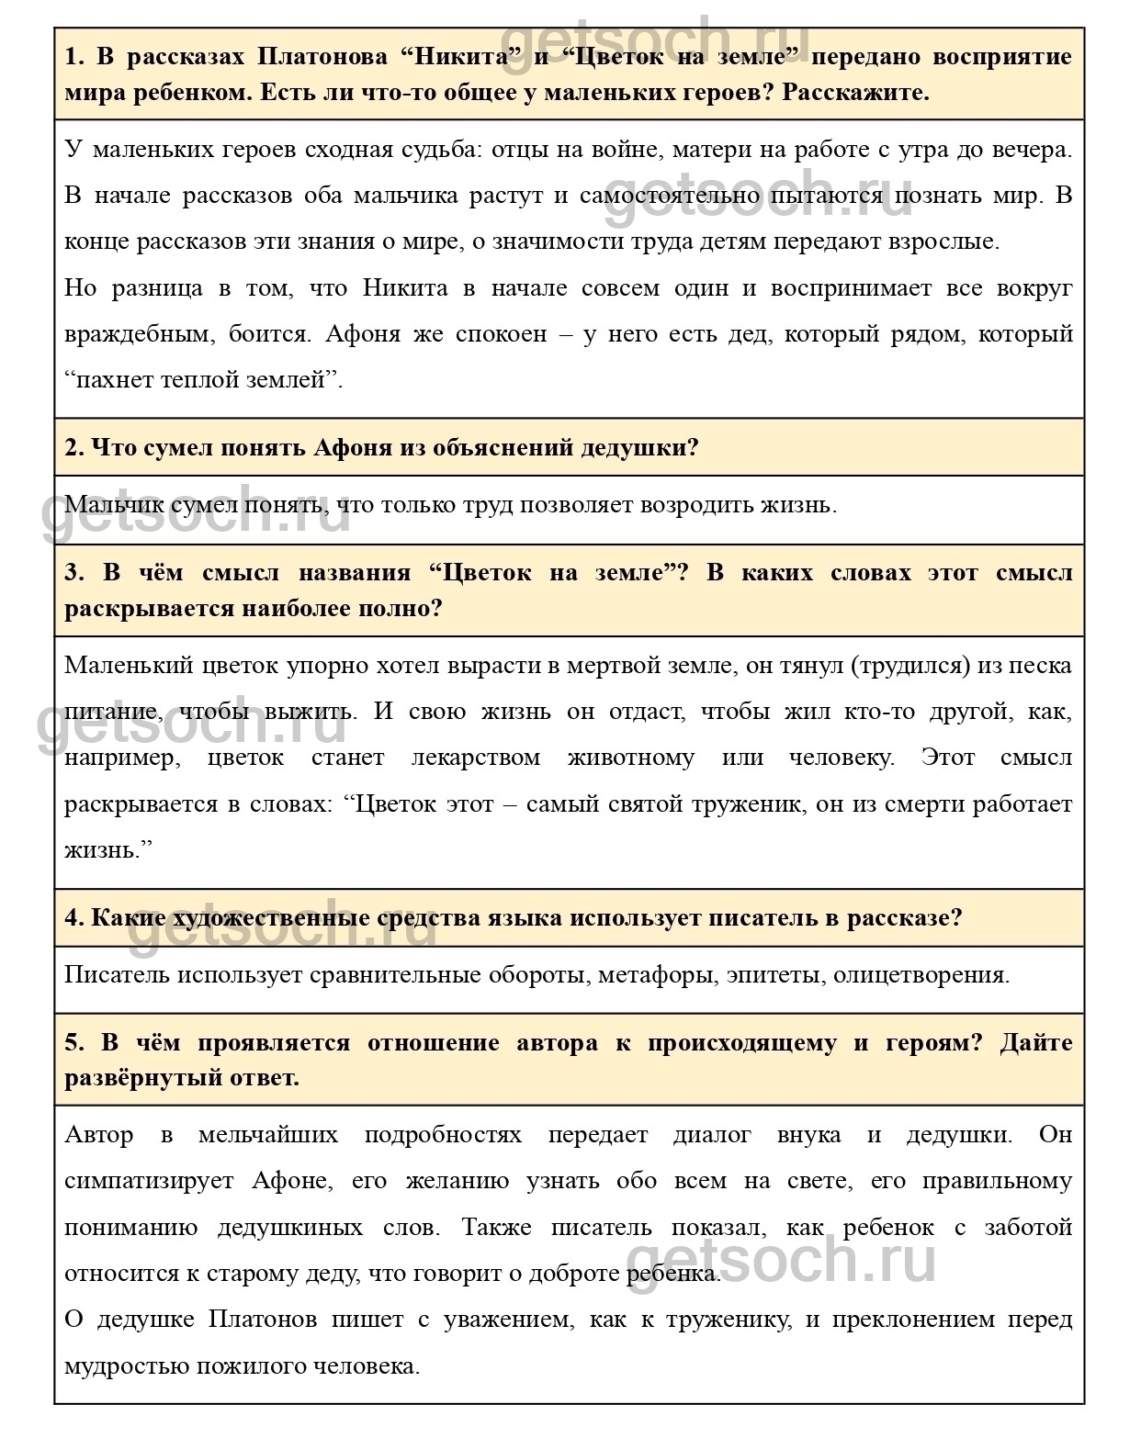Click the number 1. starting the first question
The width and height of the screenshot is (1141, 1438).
(74, 57)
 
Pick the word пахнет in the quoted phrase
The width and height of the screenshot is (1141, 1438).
(112, 379)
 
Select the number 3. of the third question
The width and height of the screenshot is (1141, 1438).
(74, 573)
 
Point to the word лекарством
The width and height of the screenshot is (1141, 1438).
(476, 758)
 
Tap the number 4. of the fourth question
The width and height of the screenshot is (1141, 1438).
(73, 917)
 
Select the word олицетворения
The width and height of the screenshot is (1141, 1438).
(921, 974)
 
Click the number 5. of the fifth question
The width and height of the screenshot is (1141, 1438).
(74, 1043)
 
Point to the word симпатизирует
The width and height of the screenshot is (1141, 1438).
(149, 1181)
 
